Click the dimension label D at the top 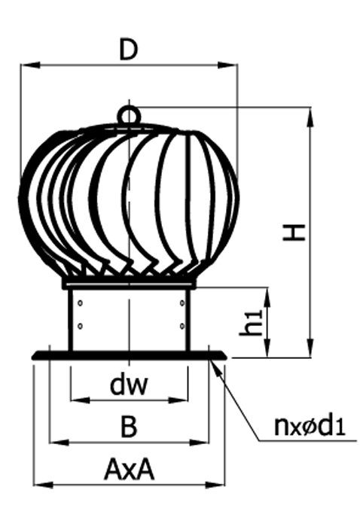pyautogui.click(x=128, y=50)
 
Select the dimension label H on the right pyautogui.click(x=294, y=233)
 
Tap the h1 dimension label pyautogui.click(x=251, y=323)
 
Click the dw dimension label pyautogui.click(x=129, y=385)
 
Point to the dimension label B pyautogui.click(x=129, y=427)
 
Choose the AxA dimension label pyautogui.click(x=129, y=470)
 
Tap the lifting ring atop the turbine pyautogui.click(x=129, y=114)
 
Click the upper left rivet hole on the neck pyautogui.click(x=80, y=303)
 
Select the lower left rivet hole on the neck pyautogui.click(x=80, y=326)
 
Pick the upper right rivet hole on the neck pyautogui.click(x=182, y=303)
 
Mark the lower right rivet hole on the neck pyautogui.click(x=182, y=326)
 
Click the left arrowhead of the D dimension pyautogui.click(x=30, y=65)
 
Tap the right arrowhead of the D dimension pyautogui.click(x=227, y=65)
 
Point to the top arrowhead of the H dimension pyautogui.click(x=310, y=117)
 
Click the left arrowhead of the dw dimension pyautogui.click(x=81, y=400)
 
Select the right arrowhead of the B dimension pyautogui.click(x=199, y=443)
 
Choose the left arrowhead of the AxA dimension pyautogui.click(x=43, y=485)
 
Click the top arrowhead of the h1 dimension pyautogui.click(x=268, y=297)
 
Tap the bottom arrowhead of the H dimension pyautogui.click(x=310, y=348)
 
